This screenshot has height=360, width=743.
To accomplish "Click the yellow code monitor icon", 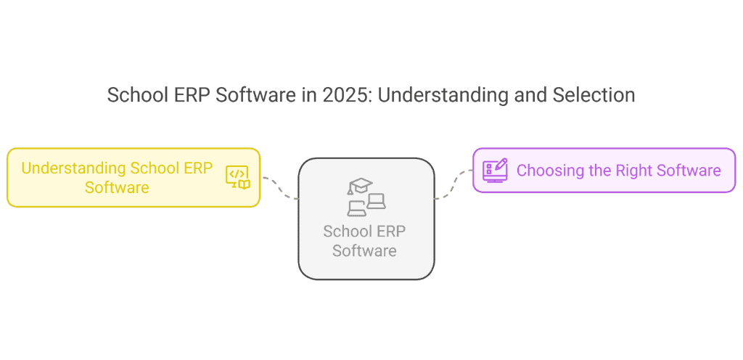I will coord(237,177).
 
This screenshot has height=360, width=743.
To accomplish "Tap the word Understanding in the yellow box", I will coord(73,168).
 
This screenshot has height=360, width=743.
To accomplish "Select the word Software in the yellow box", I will coord(117,187).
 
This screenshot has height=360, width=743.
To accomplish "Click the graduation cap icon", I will coord(359,187).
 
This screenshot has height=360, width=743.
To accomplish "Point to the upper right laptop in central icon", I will coord(376,201).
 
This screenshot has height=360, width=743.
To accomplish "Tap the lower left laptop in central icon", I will coord(357,209).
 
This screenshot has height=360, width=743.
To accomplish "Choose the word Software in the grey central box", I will coord(365,251).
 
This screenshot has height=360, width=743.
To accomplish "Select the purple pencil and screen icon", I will coord(495,170).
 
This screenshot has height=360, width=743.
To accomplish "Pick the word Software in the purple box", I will coord(689,171).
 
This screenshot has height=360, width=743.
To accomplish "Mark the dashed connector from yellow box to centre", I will coord(279,187).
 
